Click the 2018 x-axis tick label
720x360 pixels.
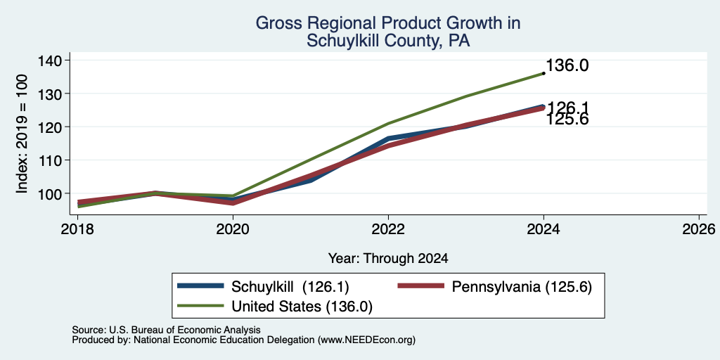pyautogui.click(x=77, y=229)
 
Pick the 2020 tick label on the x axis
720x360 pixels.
pyautogui.click(x=233, y=229)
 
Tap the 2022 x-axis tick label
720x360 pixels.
pyautogui.click(x=388, y=229)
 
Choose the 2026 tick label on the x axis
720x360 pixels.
pyautogui.click(x=699, y=229)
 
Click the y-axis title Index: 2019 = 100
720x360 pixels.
pyautogui.click(x=22, y=134)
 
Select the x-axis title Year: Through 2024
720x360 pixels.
pyautogui.click(x=388, y=259)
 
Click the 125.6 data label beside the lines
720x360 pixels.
pyautogui.click(x=567, y=120)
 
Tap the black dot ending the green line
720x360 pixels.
pyautogui.click(x=544, y=73)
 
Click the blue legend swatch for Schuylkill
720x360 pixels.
pyautogui.click(x=201, y=286)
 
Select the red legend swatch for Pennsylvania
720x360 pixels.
pyautogui.click(x=421, y=286)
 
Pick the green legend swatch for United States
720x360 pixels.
pyautogui.click(x=201, y=306)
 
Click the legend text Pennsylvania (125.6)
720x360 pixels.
pyautogui.click(x=522, y=287)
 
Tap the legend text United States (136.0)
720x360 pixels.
pyautogui.click(x=302, y=307)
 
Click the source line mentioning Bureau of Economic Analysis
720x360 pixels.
pyautogui.click(x=166, y=330)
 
